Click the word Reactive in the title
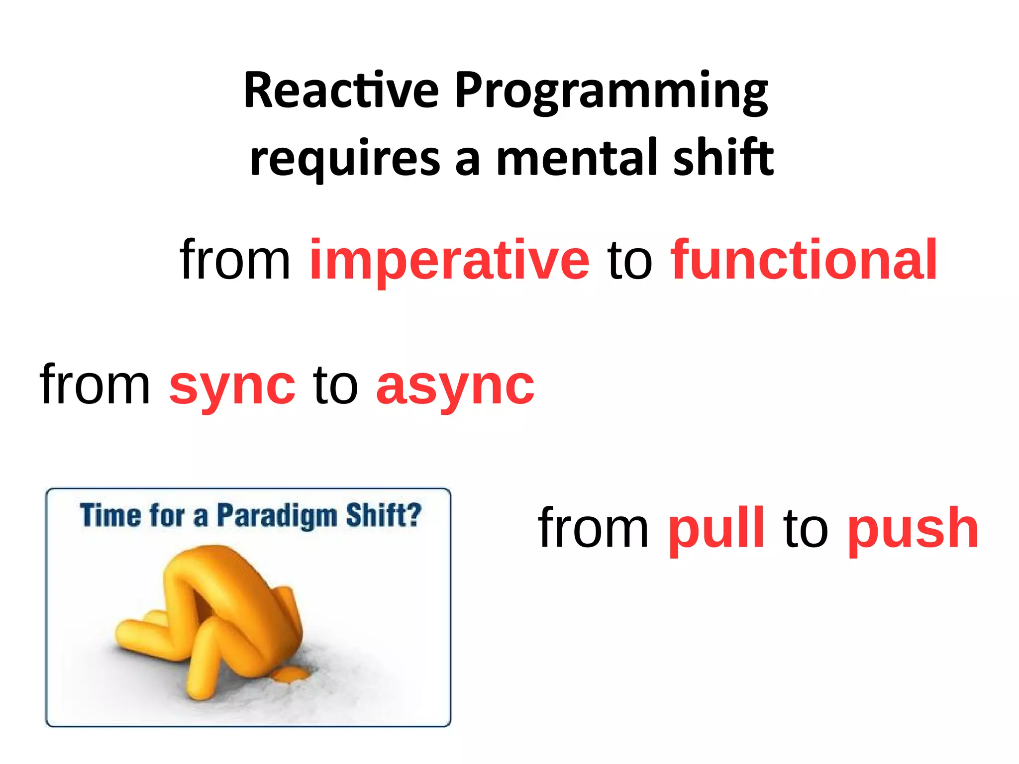click(x=341, y=91)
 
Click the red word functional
click(x=804, y=260)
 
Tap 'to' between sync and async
click(x=335, y=385)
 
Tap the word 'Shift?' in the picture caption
click(x=384, y=515)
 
